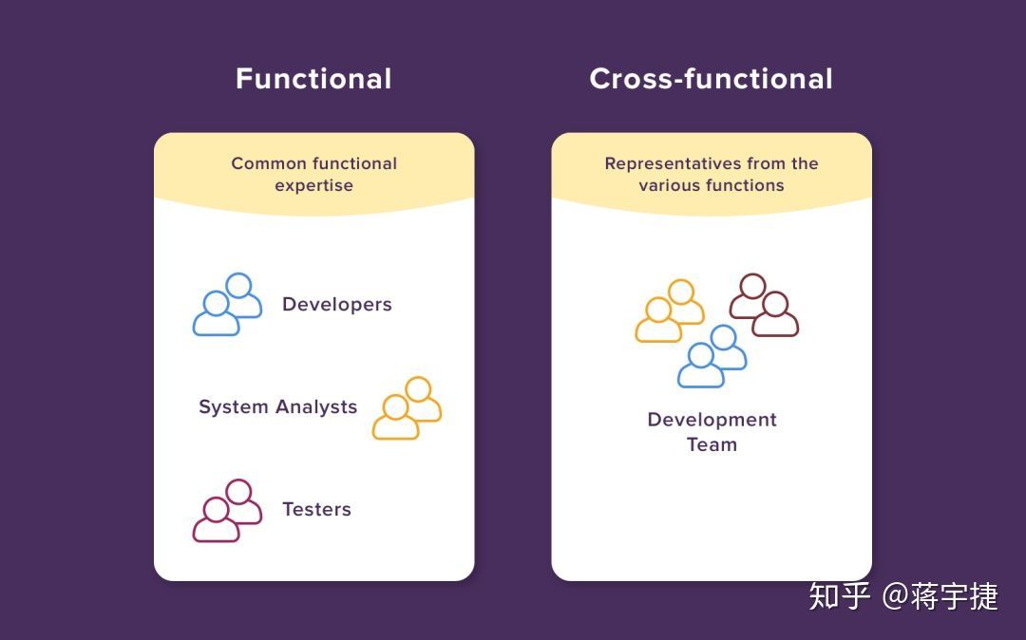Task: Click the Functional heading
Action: [313, 79]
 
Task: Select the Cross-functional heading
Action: [711, 79]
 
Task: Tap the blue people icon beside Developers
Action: [228, 305]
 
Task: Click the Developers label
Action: [337, 305]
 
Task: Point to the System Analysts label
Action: [277, 407]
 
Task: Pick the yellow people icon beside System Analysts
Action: [407, 408]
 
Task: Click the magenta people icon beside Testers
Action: [228, 511]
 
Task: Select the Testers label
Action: [316, 510]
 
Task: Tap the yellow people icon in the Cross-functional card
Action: [670, 311]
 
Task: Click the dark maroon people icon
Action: [764, 305]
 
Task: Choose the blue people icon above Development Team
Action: [712, 356]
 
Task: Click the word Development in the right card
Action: [712, 420]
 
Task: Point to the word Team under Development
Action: [712, 444]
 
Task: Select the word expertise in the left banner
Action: [313, 186]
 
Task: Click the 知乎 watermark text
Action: [840, 596]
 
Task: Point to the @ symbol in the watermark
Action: [894, 596]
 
